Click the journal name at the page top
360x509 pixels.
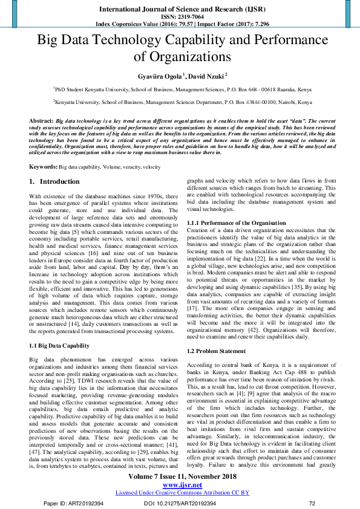[x=180, y=10]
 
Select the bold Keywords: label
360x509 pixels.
[x=44, y=166]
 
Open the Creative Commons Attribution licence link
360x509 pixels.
[x=182, y=492]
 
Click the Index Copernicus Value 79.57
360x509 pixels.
[x=172, y=25]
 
